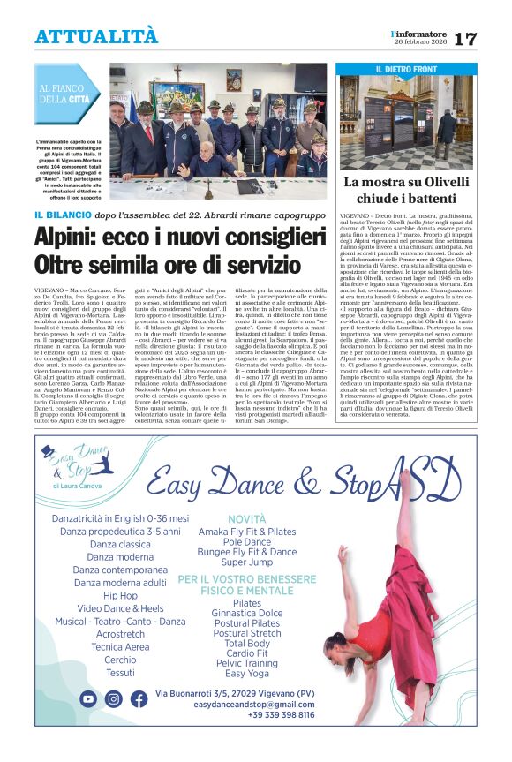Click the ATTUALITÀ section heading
click(96, 37)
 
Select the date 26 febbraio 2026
click(420, 43)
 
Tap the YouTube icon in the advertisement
click(88, 698)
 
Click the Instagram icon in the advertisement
click(114, 698)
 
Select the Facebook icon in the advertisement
click(139, 698)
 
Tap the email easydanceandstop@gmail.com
click(254, 705)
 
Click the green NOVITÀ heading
click(246, 519)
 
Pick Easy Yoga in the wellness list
click(246, 673)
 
